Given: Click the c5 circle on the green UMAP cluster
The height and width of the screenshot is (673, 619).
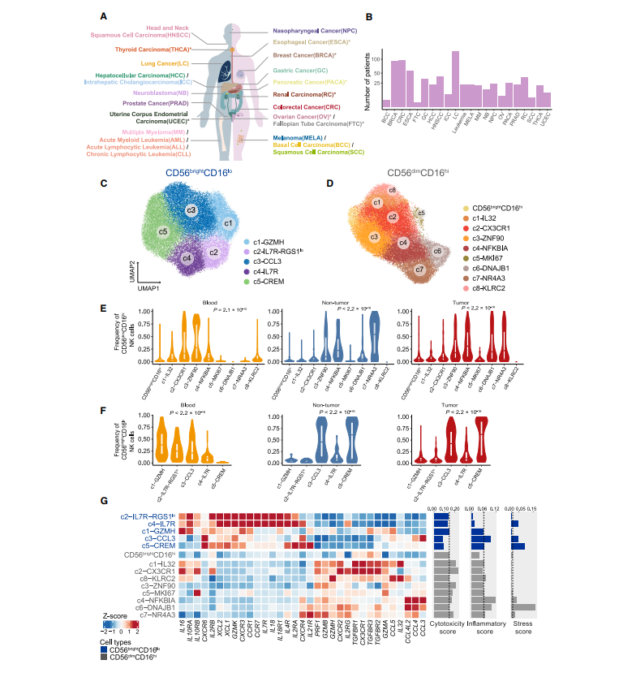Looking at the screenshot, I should (x=163, y=231).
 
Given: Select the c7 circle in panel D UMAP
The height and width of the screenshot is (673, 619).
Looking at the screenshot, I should (x=419, y=270).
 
